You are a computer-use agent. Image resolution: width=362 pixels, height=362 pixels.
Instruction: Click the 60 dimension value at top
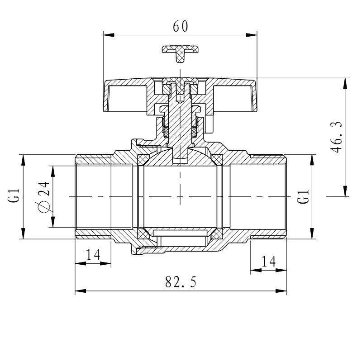[180, 26]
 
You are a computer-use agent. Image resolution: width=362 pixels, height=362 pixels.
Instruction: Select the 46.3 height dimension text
[337, 137]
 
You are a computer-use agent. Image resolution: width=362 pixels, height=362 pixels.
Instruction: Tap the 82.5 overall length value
[181, 281]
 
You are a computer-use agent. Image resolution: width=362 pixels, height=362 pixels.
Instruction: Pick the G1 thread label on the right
[303, 196]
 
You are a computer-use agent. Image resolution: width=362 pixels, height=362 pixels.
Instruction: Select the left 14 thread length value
[93, 255]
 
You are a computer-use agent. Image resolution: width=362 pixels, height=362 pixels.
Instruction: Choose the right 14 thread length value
[268, 262]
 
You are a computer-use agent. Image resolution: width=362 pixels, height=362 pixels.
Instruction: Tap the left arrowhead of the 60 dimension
[109, 35]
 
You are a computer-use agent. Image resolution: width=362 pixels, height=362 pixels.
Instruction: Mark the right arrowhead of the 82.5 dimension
[281, 291]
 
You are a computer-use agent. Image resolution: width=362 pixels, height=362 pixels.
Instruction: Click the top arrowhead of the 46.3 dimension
[345, 83]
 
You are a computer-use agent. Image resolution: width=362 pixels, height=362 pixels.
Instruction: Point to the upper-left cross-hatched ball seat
[143, 160]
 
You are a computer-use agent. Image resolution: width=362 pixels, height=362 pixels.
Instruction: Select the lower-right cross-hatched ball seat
[217, 233]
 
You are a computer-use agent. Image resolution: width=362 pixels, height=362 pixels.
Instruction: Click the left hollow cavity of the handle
[128, 99]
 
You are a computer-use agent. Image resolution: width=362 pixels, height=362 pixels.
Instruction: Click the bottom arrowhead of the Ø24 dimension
[53, 222]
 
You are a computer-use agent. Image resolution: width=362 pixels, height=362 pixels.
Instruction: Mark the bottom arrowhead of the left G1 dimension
[23, 233]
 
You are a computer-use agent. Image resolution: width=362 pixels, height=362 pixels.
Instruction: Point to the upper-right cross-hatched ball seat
[217, 160]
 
